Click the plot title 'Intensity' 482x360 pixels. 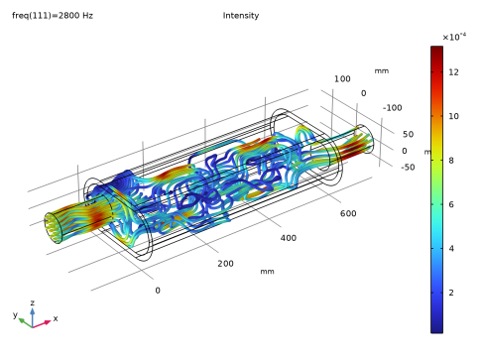pos(241,16)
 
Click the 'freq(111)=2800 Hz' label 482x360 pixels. pos(53,16)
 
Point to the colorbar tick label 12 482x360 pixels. pos(453,72)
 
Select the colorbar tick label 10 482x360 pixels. pos(453,116)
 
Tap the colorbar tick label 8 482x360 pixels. pos(451,161)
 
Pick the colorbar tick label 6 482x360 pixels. pos(451,204)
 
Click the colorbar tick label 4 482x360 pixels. pos(451,248)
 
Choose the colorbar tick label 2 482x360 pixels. pos(451,293)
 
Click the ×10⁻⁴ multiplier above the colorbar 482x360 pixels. pos(454,37)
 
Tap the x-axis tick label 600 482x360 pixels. pos(348,213)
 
